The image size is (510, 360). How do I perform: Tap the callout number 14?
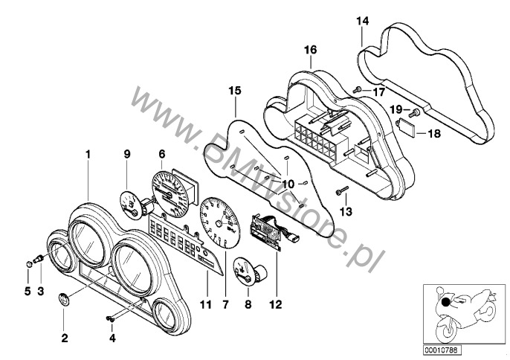click(362, 21)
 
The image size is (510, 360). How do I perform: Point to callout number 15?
click(235, 91)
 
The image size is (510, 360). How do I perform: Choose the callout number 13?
click(343, 212)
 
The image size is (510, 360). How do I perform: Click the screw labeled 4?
click(109, 320)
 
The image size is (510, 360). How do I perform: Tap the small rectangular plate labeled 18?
click(408, 125)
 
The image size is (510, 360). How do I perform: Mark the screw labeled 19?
click(414, 112)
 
